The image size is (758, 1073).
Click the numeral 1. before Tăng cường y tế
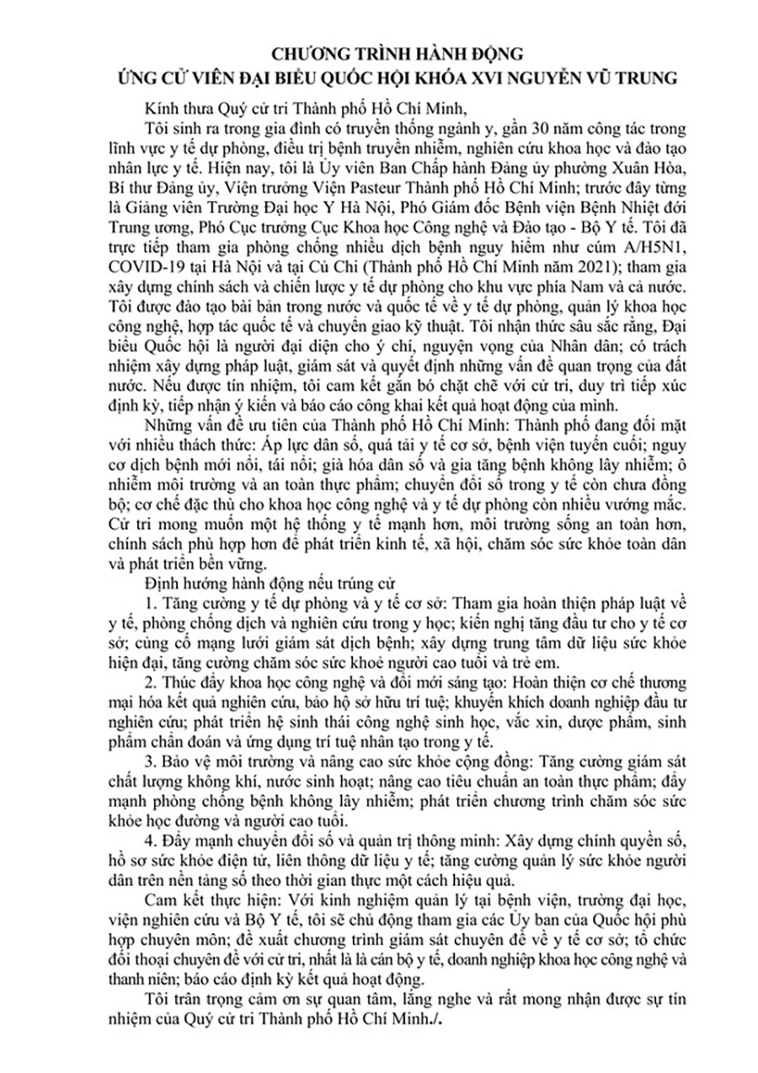150,602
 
